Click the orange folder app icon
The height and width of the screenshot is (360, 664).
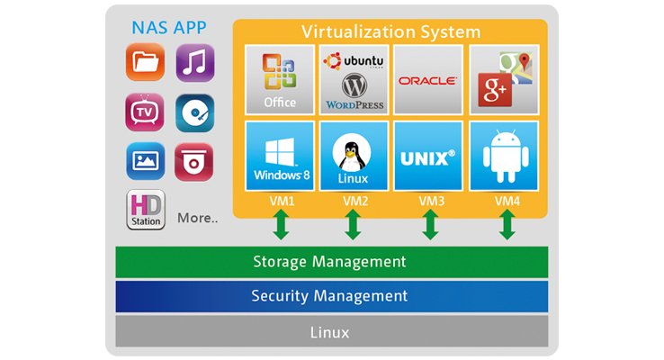click(144, 63)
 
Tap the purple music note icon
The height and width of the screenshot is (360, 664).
click(194, 63)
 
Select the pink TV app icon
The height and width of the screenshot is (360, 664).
click(144, 112)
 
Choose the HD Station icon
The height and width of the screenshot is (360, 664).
click(145, 209)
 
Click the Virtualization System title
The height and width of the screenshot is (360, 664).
click(391, 31)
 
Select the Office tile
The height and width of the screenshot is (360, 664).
click(280, 79)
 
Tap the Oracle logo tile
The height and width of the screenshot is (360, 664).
click(428, 79)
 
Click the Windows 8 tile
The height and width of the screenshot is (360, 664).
click(280, 156)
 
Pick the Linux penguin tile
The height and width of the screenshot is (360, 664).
click(354, 156)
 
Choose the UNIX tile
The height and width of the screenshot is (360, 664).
click(428, 156)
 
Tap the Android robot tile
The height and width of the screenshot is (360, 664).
click(504, 156)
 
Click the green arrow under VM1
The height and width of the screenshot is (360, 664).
click(281, 223)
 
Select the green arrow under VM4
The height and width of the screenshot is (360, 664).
click(507, 223)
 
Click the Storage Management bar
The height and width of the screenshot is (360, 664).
click(331, 262)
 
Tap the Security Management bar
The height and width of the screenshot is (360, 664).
click(331, 295)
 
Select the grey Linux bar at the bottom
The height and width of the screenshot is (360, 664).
click(331, 331)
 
